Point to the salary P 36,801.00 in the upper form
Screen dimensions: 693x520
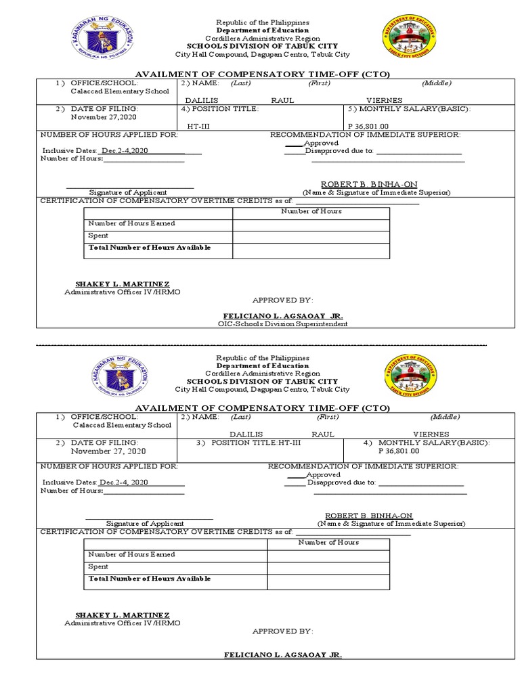(x=368, y=126)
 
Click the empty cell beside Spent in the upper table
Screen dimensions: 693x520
(x=311, y=236)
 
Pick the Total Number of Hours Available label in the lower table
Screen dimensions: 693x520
(x=149, y=579)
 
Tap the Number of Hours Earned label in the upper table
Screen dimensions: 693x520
(x=131, y=223)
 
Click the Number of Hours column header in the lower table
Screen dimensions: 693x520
(x=328, y=542)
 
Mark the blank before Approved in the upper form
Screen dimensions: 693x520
(x=293, y=143)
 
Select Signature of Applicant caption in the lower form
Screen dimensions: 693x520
(x=145, y=524)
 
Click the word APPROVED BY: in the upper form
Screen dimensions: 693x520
(x=283, y=300)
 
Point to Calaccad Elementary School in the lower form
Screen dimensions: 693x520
(x=123, y=425)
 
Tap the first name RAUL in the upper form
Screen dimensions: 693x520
(x=282, y=100)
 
